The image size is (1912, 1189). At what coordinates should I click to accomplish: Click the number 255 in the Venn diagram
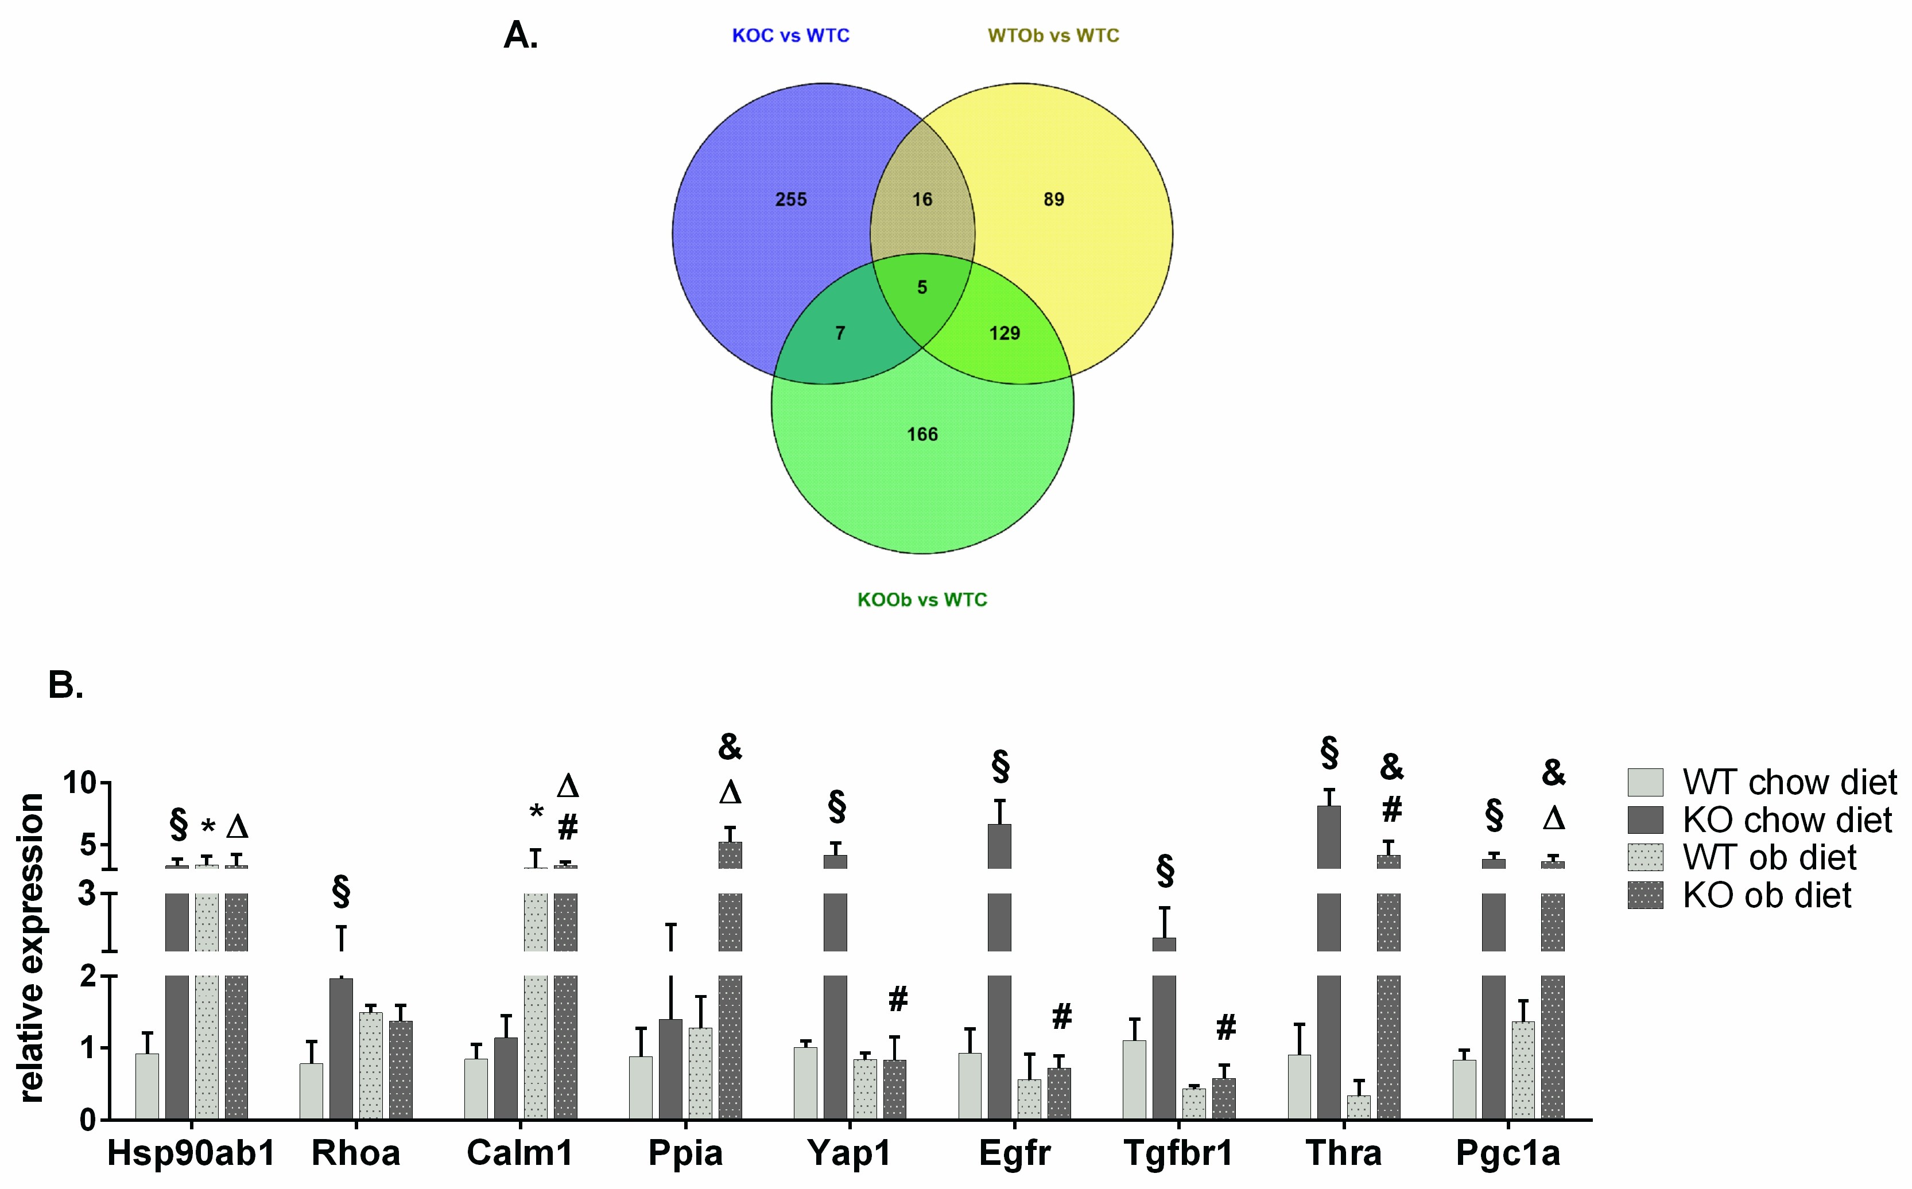coord(791,200)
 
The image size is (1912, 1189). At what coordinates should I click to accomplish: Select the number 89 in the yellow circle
coord(1054,200)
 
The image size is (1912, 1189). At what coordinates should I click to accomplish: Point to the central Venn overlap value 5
coord(922,287)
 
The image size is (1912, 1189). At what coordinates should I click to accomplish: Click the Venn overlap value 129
coord(1005,333)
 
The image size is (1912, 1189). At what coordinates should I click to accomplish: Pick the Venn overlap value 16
coord(922,200)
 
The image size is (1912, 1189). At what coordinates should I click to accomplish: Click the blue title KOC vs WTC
coord(790,36)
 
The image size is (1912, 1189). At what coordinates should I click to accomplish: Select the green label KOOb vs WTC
coord(922,600)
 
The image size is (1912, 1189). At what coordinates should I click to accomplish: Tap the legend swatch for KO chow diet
coord(1645,820)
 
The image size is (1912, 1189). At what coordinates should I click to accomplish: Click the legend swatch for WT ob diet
coord(1645,858)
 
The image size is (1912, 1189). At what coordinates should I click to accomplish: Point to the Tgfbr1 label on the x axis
coord(1178,1153)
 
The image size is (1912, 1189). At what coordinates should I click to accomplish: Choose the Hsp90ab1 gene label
coord(191,1153)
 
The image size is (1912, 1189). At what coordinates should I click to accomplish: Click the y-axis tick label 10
coord(79,783)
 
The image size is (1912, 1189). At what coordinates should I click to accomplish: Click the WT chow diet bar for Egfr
coord(969,1086)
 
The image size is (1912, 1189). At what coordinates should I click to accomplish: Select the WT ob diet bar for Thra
coord(1358,1107)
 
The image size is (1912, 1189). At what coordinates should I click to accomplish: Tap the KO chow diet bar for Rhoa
coord(342,1049)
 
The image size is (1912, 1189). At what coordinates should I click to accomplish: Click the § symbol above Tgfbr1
coord(1165,871)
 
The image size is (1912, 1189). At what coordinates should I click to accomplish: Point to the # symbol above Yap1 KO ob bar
coord(897,1000)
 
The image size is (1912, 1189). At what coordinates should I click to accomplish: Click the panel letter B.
coord(65,685)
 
